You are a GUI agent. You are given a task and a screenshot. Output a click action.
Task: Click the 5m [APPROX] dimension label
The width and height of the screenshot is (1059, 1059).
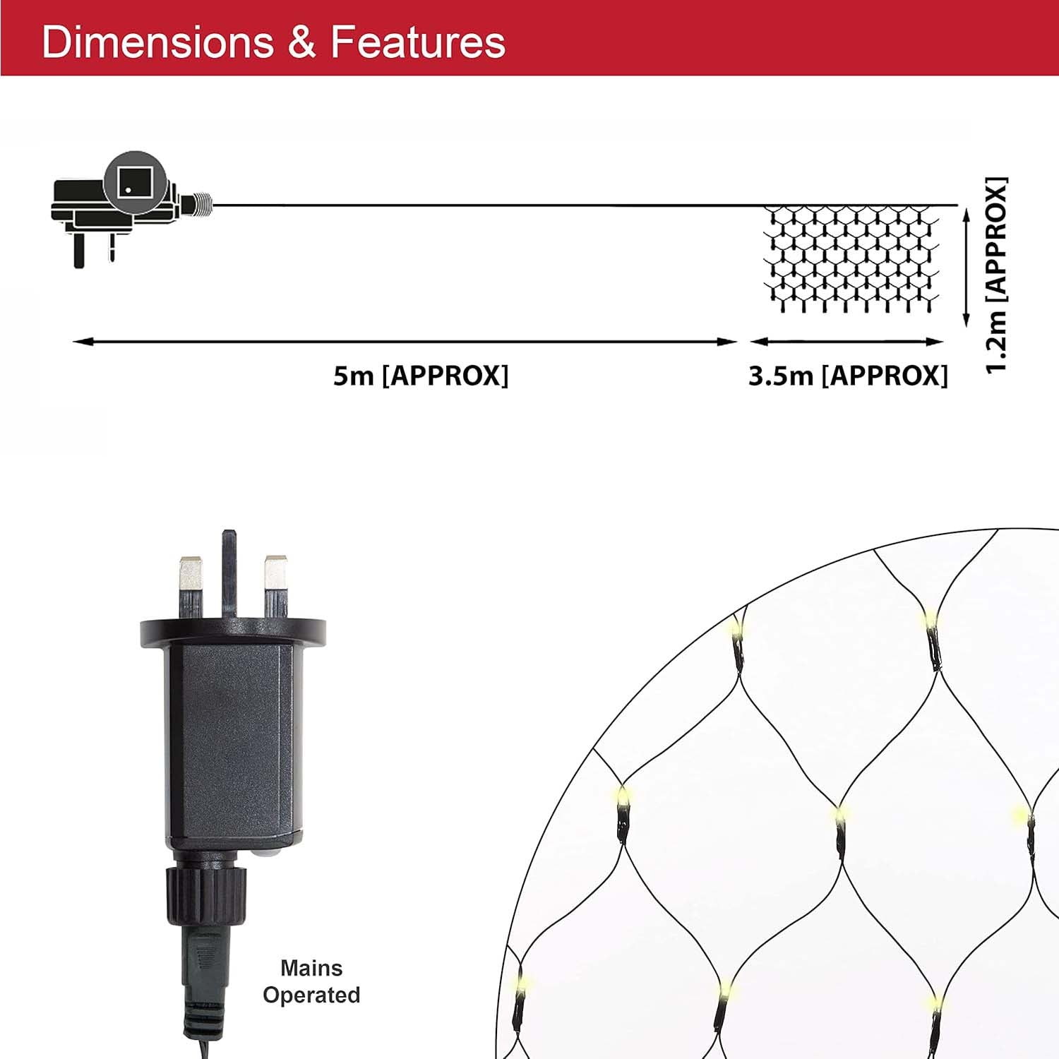(421, 376)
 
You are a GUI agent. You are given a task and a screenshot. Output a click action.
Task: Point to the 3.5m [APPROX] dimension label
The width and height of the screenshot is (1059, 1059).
(848, 376)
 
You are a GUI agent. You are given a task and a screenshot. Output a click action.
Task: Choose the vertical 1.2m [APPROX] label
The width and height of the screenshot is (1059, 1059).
(996, 275)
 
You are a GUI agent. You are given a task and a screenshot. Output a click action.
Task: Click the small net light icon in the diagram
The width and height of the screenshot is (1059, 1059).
(853, 258)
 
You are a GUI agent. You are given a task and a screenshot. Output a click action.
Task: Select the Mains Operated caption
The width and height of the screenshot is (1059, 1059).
(311, 981)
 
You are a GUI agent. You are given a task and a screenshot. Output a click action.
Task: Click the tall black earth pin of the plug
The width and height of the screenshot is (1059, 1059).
(229, 574)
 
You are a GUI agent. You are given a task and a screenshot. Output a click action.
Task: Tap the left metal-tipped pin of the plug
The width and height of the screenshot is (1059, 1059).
(191, 587)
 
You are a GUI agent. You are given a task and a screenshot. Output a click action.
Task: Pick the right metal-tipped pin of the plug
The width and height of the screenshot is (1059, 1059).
(275, 587)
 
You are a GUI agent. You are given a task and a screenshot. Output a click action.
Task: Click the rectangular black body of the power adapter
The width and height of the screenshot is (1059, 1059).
(230, 745)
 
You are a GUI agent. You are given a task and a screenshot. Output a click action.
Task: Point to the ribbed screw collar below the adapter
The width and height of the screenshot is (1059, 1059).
(208, 895)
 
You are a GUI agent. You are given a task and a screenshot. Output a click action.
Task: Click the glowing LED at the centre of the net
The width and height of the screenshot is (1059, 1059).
(839, 817)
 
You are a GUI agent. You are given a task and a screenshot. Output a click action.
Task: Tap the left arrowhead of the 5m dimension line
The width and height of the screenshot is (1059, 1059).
(83, 342)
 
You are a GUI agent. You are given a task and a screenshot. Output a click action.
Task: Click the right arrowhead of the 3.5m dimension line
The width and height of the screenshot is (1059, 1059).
(935, 342)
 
